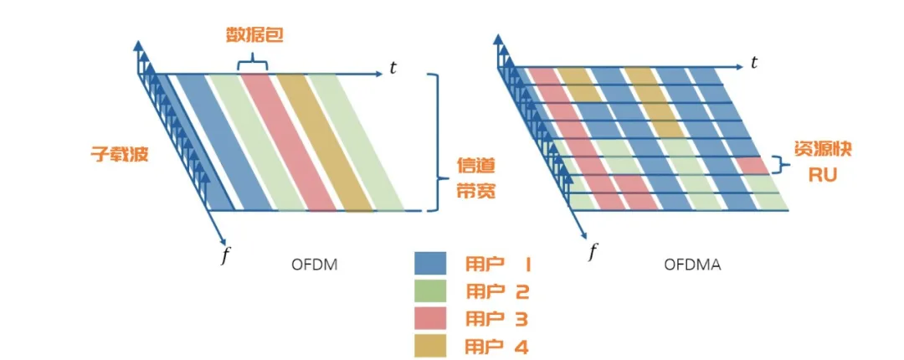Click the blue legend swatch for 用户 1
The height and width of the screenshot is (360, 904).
click(x=434, y=265)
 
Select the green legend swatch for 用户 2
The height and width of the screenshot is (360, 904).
click(x=434, y=292)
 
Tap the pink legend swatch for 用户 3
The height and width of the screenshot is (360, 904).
click(x=434, y=319)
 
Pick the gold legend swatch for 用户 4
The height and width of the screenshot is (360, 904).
click(x=434, y=346)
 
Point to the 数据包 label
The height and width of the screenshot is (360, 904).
click(x=252, y=36)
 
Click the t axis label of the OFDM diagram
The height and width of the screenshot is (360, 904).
click(x=393, y=68)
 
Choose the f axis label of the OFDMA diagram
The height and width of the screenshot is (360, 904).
click(x=593, y=250)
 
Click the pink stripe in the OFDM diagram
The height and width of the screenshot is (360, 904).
click(x=288, y=142)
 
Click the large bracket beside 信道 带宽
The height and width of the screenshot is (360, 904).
click(x=434, y=141)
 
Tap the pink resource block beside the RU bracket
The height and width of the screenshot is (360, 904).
click(x=753, y=165)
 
